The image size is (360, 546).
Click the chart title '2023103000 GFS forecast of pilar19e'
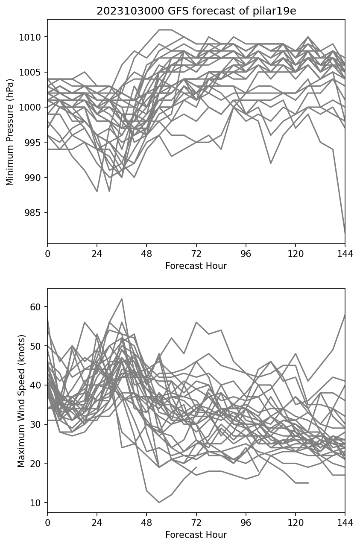click(196, 11)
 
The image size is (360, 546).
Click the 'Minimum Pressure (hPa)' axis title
click(10, 131)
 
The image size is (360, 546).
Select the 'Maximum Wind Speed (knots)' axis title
click(21, 400)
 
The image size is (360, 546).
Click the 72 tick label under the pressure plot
click(196, 254)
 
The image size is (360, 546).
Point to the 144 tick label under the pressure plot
click(345, 254)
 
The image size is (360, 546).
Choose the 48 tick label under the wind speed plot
click(146, 523)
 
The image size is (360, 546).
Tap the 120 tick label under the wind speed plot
click(295, 523)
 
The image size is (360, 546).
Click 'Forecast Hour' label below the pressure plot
click(196, 266)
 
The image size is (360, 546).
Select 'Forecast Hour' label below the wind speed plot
click(196, 535)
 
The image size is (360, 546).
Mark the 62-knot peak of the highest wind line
click(122, 299)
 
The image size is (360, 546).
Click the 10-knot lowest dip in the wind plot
click(159, 502)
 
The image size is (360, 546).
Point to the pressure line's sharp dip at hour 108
click(270, 164)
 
